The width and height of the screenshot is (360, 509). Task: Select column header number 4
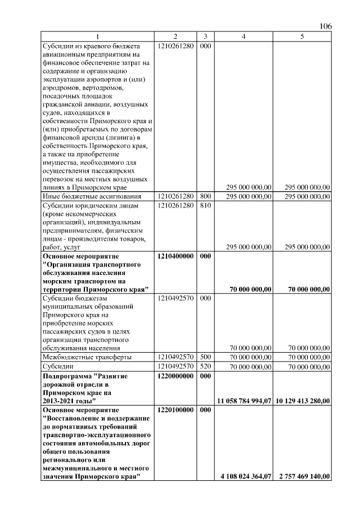pyautogui.click(x=244, y=37)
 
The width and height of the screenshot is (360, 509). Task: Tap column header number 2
pyautogui.click(x=175, y=37)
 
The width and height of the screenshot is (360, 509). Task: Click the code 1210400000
pyautogui.click(x=176, y=256)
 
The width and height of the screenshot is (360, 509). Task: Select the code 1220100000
pyautogui.click(x=176, y=411)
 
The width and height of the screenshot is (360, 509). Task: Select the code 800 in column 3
pyautogui.click(x=205, y=196)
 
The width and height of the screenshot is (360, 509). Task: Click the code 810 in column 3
pyautogui.click(x=205, y=206)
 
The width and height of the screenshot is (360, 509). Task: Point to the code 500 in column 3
pyautogui.click(x=205, y=357)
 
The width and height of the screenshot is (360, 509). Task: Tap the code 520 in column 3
pyautogui.click(x=205, y=366)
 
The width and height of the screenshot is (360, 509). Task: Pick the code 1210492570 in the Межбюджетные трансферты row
pyautogui.click(x=176, y=357)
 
